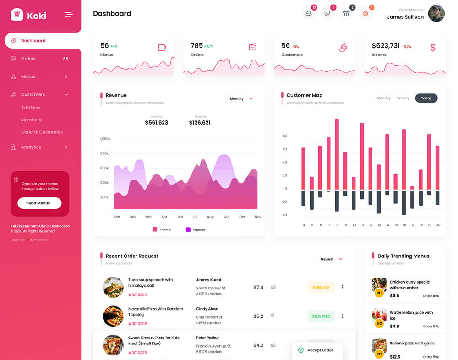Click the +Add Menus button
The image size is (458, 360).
pyautogui.click(x=39, y=203)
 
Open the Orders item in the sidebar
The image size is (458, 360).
pyautogui.click(x=28, y=59)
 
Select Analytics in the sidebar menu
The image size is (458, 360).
pyautogui.click(x=31, y=147)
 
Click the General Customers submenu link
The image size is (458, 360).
pyautogui.click(x=42, y=132)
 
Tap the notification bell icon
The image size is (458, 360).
pyautogui.click(x=309, y=13)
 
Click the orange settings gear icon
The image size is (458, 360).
pyautogui.click(x=365, y=13)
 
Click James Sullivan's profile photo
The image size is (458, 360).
pyautogui.click(x=436, y=13)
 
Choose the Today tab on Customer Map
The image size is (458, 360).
pyautogui.click(x=426, y=98)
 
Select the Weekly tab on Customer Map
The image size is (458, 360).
pyautogui.click(x=403, y=98)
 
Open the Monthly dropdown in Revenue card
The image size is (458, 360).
pyautogui.click(x=241, y=98)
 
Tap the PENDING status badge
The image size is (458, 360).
pyautogui.click(x=321, y=288)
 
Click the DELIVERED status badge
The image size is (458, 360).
pyautogui.click(x=321, y=316)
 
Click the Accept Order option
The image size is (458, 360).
pyautogui.click(x=320, y=350)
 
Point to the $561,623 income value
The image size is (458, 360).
pyautogui.click(x=156, y=123)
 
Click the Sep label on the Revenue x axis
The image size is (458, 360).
pyautogui.click(x=226, y=217)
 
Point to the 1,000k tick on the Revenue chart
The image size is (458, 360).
pyautogui.click(x=105, y=138)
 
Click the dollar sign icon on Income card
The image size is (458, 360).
pyautogui.click(x=433, y=47)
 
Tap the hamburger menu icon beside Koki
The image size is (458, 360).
pyautogui.click(x=69, y=15)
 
